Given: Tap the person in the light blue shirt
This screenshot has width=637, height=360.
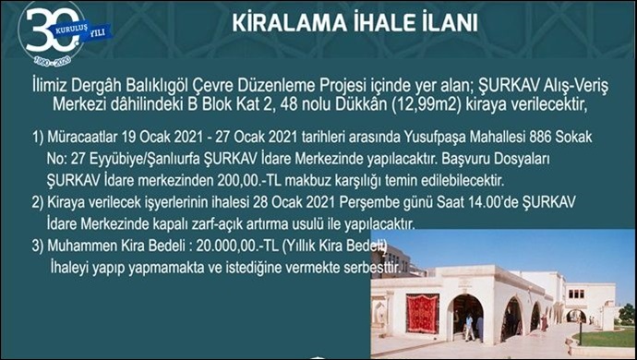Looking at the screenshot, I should point(468,324).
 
